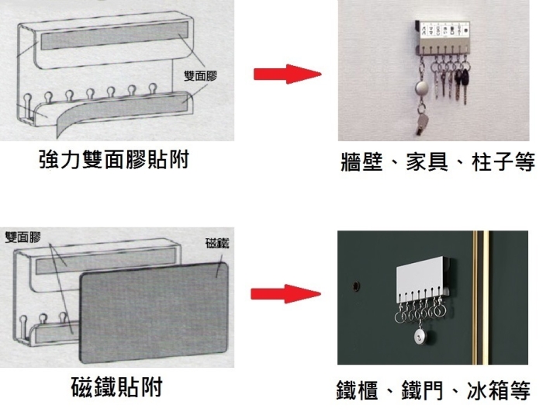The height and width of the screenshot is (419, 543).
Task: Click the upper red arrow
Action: pyautogui.click(x=286, y=74)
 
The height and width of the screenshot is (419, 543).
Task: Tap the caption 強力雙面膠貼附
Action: pyautogui.click(x=114, y=160)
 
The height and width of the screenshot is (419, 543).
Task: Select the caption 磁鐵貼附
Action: pyautogui.click(x=116, y=386)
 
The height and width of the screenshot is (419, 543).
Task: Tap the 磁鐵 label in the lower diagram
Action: pyautogui.click(x=217, y=243)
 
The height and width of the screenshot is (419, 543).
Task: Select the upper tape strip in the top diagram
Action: pyautogui.click(x=112, y=40)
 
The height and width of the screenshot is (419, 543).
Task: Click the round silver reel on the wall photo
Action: pyautogui.click(x=423, y=86)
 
